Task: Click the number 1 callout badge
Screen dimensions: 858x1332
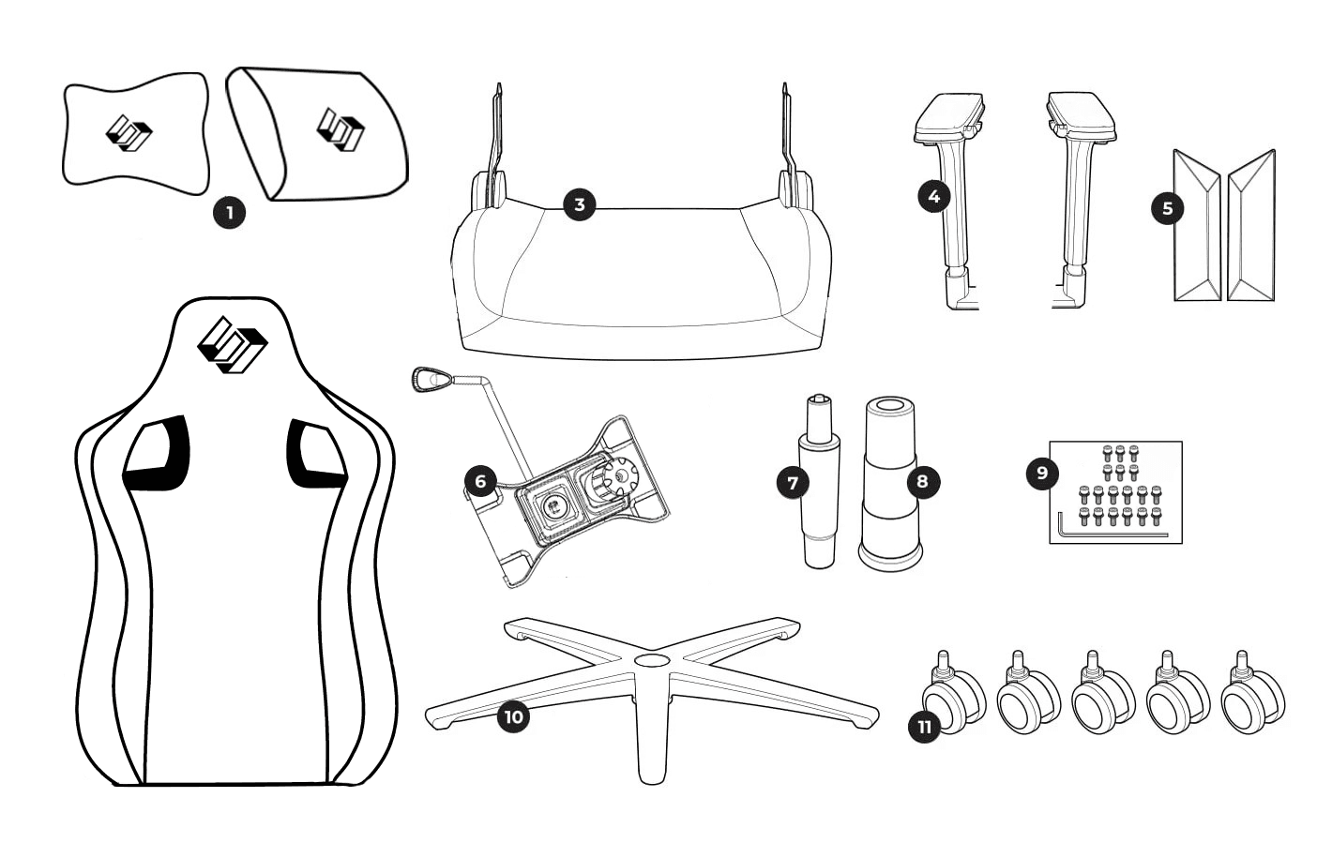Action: [228, 212]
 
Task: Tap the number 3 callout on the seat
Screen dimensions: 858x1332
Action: [579, 204]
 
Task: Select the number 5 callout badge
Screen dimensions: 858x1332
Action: [1167, 208]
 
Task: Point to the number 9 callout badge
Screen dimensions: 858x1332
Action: [1042, 473]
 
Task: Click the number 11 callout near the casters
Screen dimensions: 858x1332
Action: [926, 727]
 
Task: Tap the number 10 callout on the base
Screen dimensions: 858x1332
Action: [513, 718]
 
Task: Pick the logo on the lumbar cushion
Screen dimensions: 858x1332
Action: [340, 128]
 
